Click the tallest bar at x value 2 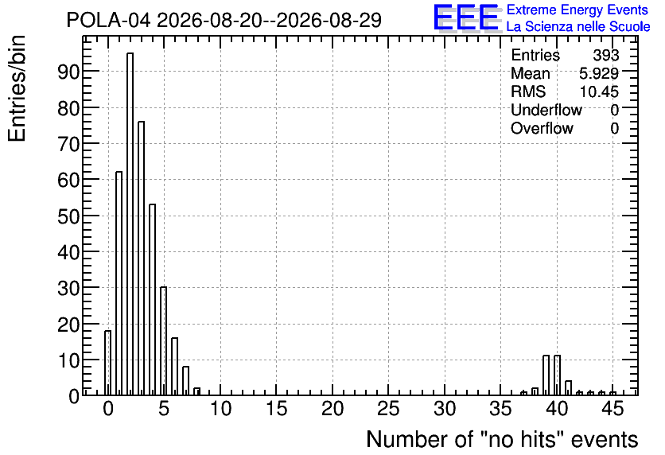pos(130,224)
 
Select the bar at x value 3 pos(142,259)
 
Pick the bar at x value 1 pos(119,284)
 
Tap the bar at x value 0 pos(107,363)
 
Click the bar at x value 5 pos(163,341)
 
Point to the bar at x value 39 pos(546,375)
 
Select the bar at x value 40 pos(558,375)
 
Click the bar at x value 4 pos(152,300)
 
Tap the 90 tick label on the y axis pos(68,72)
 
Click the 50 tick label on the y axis pos(68,216)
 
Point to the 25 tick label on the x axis pos(388,409)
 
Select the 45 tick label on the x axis pos(612,409)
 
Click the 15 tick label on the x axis pos(277,409)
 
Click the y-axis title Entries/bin pos(17,88)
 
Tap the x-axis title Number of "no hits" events pos(502,439)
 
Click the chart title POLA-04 pos(108,20)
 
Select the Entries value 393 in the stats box pos(606,55)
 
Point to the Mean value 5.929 pos(599,73)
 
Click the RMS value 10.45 pos(599,91)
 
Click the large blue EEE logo pos(465,17)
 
